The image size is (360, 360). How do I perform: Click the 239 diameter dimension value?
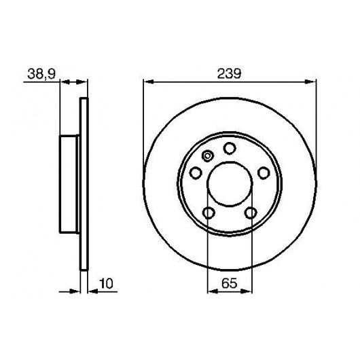coord(229,74)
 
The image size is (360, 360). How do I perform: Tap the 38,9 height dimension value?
coord(41,74)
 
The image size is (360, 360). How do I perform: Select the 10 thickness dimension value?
coord(107,283)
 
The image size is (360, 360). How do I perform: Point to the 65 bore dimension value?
coord(229,283)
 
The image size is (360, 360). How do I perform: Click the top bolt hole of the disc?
coord(230,148)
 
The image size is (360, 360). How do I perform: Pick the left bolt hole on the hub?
coord(196,173)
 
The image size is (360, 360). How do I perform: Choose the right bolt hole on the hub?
coord(264,173)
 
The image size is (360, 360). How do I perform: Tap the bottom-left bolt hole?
coord(209,213)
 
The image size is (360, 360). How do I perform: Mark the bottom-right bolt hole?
coord(251,213)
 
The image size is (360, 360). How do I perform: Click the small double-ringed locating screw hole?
coord(207,156)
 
